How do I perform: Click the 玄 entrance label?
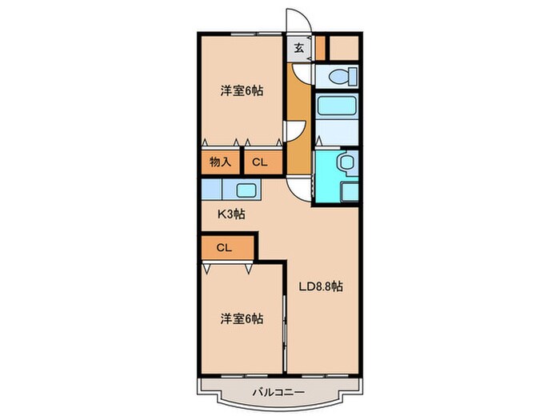[x=298, y=48]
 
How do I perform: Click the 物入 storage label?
[x=220, y=162]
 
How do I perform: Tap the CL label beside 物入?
[x=259, y=162]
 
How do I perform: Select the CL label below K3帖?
[x=223, y=247]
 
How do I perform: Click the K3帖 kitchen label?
[x=232, y=214]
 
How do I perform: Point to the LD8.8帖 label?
[x=321, y=286]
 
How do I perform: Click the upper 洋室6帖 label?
[x=241, y=90]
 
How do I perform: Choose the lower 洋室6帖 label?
[x=241, y=318]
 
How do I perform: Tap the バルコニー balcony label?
[x=278, y=392]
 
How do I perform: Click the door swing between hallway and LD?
[x=298, y=186]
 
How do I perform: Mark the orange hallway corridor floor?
[x=298, y=108]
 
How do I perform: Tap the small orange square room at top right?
[x=344, y=48]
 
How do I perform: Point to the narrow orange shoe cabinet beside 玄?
[x=319, y=48]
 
